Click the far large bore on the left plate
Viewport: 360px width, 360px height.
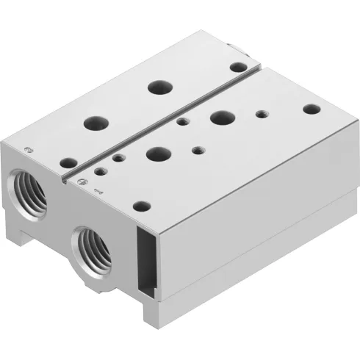159,87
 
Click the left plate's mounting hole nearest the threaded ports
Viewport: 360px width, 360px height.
68,162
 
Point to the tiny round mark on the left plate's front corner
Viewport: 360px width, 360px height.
27,149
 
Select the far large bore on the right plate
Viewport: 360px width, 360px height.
220,117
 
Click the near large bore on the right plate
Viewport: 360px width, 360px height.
157,154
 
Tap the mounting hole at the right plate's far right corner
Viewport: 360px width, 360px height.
312,109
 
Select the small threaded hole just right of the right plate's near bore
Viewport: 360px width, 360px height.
197,150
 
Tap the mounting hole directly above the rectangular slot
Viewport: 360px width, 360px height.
143,205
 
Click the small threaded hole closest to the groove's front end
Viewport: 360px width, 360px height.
118,156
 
